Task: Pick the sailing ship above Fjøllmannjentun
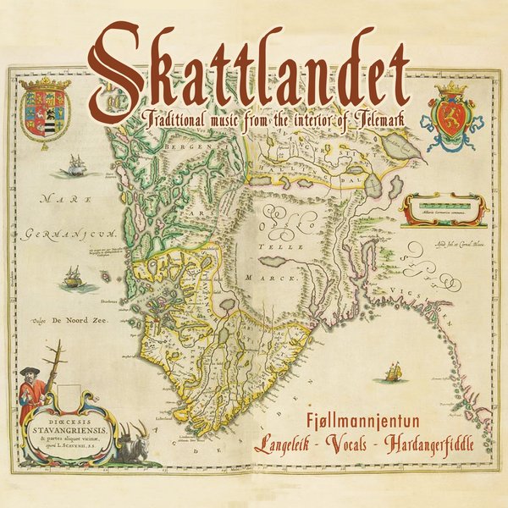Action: tap(391, 371)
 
